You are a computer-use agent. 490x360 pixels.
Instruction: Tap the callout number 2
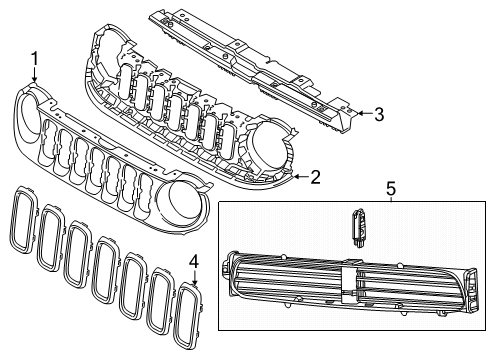[315, 178]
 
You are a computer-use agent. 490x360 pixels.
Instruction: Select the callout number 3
[379, 115]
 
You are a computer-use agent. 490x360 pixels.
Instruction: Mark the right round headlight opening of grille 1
[181, 199]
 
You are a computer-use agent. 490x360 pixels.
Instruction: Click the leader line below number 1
[34, 76]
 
